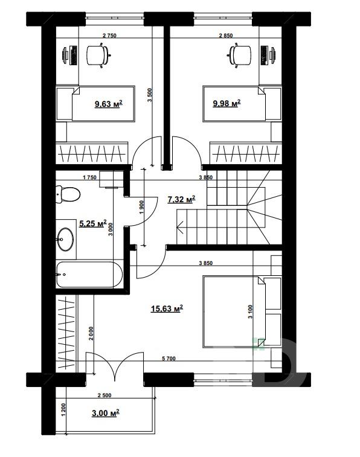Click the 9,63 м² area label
[x=108, y=104]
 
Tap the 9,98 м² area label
[x=227, y=103]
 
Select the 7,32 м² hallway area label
[x=181, y=199]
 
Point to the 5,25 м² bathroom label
[x=92, y=223]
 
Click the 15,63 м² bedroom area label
[x=167, y=308]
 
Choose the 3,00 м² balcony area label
[x=106, y=413]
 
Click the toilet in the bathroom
[x=68, y=194]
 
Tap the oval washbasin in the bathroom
[x=65, y=239]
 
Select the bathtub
[x=89, y=275]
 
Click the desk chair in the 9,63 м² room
[x=98, y=55]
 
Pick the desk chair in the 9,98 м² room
[x=240, y=55]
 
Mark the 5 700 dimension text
[x=169, y=359]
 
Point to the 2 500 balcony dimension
[x=104, y=395]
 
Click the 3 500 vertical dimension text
[x=150, y=95]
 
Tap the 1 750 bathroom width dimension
[x=89, y=177]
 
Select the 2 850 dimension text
[x=226, y=36]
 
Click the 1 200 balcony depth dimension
[x=64, y=410]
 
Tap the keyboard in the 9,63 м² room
[x=74, y=55]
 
